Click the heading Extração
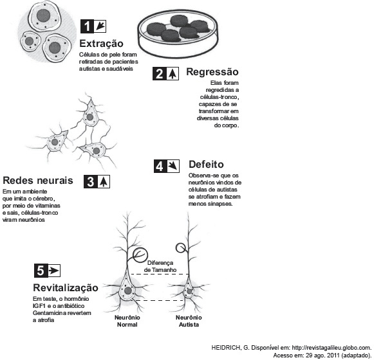tap(101, 44)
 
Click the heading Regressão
tap(212, 72)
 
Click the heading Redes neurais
tap(38, 181)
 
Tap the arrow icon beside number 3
tap(103, 182)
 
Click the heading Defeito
tap(207, 165)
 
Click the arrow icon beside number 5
tap(54, 271)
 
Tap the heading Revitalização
tap(66, 288)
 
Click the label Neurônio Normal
tap(127, 321)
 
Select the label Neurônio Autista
tap(189, 321)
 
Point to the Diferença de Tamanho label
tap(160, 266)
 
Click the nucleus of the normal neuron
tap(128, 291)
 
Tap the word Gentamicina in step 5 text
tap(48, 313)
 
